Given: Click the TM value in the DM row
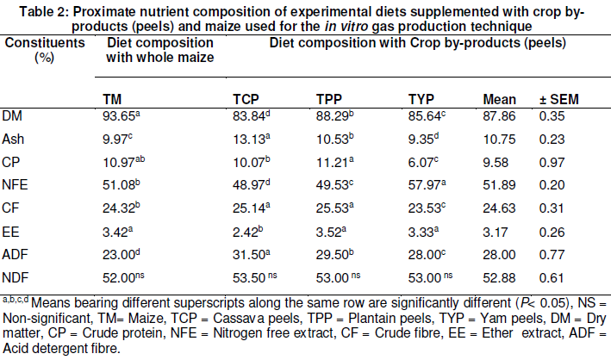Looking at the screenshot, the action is point(122,115).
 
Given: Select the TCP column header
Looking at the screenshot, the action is point(246,99).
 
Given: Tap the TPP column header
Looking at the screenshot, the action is point(329,99).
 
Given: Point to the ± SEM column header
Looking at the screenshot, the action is point(559,99).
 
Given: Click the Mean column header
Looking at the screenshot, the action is point(500,99).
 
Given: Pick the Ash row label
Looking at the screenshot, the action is point(13,140).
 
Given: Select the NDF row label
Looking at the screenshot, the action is point(16,278).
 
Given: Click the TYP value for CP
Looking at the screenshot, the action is point(423,162).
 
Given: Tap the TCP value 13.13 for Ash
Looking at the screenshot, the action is point(252,140).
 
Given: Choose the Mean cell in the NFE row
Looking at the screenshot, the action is point(499,184).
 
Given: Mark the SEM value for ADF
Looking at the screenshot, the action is point(552,255).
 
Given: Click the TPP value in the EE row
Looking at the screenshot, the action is point(331,233).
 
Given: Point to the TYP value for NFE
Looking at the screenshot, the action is point(427,184).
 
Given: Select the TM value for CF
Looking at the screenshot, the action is point(122,208).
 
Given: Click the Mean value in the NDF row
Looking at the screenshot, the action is point(499,278).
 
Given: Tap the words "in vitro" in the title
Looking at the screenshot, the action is point(346,27).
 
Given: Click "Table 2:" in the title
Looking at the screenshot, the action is point(45,12).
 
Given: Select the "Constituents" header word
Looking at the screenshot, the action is point(45,42).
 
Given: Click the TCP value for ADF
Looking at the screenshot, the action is point(252,255).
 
